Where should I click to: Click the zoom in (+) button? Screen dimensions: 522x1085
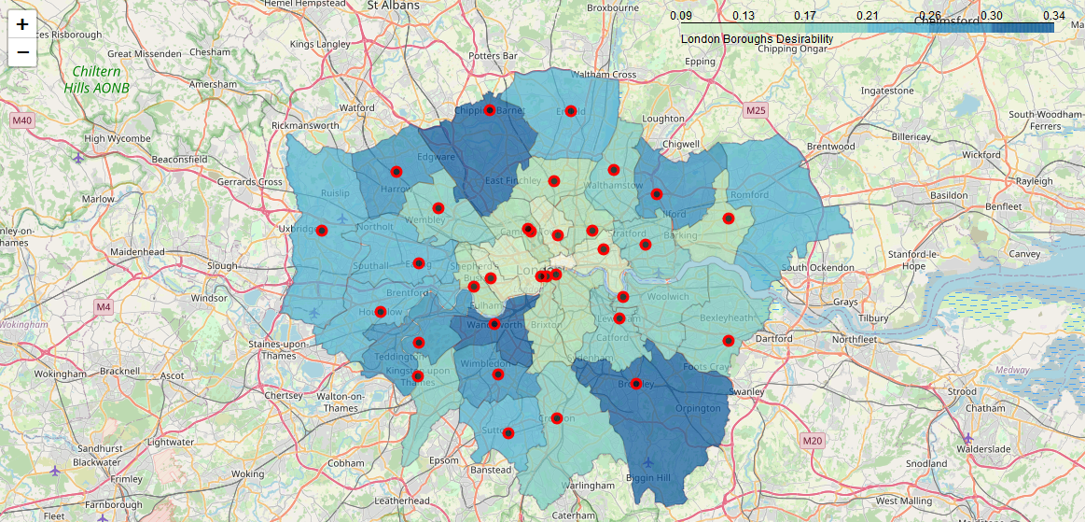click(x=22, y=24)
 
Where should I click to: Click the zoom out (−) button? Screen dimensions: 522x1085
click(x=22, y=52)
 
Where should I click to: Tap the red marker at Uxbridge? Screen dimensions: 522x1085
click(x=323, y=231)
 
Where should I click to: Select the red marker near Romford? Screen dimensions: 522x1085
click(x=729, y=219)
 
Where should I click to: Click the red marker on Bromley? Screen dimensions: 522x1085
click(x=636, y=384)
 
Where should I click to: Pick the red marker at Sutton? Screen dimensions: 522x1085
click(x=508, y=433)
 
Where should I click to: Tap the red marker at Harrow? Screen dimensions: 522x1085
click(x=396, y=172)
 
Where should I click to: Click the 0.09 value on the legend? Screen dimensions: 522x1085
click(x=681, y=16)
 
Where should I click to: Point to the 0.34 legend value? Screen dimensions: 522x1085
click(x=1054, y=16)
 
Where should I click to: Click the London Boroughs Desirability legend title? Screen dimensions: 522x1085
click(x=757, y=39)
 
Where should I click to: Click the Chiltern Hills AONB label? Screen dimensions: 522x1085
click(x=97, y=80)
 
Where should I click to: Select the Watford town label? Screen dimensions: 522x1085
click(x=356, y=108)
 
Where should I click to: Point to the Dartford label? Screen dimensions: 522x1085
click(x=772, y=339)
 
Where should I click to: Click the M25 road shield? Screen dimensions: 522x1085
click(x=756, y=111)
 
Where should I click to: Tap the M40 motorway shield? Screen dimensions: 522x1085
click(x=22, y=120)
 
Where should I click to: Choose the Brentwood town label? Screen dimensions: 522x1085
click(x=830, y=147)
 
